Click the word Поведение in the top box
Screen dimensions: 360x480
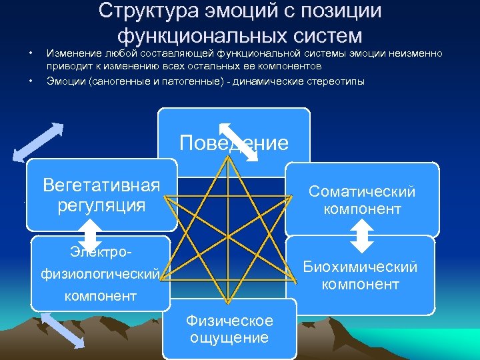click(x=233, y=143)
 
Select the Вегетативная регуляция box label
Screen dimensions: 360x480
click(x=101, y=195)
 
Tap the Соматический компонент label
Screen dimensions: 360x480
click(x=361, y=201)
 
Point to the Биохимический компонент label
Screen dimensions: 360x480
click(x=360, y=276)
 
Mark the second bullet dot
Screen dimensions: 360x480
click(x=31, y=81)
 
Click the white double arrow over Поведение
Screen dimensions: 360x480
click(x=238, y=141)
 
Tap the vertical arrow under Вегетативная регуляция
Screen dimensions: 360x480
click(x=89, y=235)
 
